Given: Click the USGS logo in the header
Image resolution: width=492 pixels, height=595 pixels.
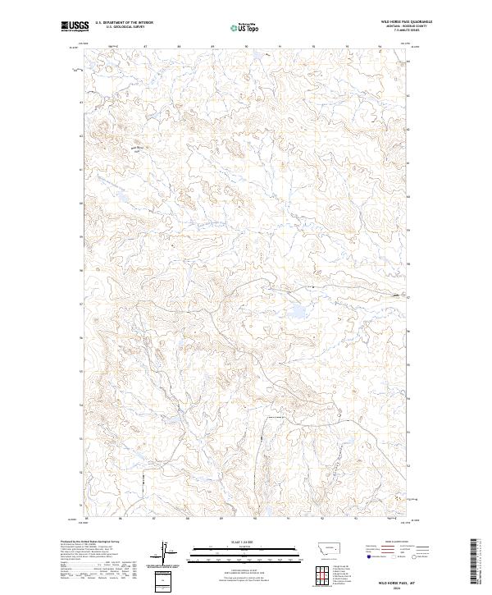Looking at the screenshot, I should coord(75,27).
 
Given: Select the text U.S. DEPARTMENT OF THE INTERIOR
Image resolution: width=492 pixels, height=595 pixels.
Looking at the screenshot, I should coord(124,22).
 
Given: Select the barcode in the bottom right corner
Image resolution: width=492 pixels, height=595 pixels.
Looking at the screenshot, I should coord(476,563).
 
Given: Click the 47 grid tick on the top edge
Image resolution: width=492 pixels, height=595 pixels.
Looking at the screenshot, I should coord(145,47).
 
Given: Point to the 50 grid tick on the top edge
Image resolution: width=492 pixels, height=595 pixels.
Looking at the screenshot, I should coord(247,47).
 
